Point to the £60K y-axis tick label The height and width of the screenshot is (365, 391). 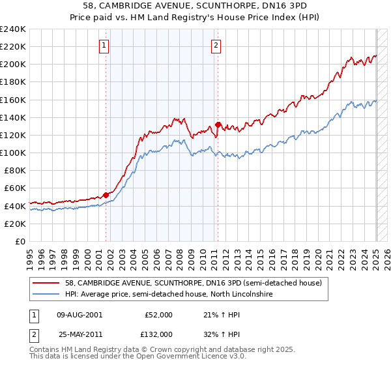pos(14,188)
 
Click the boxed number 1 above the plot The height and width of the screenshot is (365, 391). pos(104,45)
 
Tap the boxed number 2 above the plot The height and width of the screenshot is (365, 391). pos(216,45)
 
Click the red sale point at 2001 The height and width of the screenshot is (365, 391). pos(106,195)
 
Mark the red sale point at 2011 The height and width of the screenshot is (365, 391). pos(218,124)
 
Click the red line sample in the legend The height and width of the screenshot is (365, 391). pos(46,284)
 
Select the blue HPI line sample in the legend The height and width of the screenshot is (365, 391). pos(46,295)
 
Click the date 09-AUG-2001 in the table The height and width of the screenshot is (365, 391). pos(80,315)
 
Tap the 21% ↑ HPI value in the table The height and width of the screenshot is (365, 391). pos(222,315)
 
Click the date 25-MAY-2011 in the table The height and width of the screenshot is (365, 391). pos(80,334)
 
